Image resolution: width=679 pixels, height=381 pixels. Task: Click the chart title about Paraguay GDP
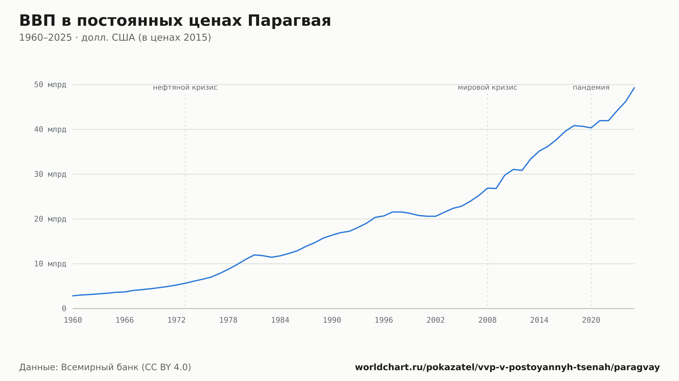tap(175, 21)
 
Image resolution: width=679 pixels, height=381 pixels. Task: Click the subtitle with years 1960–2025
tap(115, 38)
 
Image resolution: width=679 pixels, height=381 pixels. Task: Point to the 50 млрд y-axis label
tap(50, 84)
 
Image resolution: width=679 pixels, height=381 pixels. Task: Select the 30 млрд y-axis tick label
tap(50, 174)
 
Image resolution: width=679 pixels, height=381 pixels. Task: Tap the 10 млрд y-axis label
tap(50, 264)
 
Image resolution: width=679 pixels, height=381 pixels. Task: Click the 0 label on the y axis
tap(64, 308)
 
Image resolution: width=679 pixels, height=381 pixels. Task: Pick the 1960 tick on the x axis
tap(73, 320)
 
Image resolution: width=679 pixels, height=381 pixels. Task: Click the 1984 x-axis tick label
tap(280, 320)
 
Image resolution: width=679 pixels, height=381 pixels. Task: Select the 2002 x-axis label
tap(436, 320)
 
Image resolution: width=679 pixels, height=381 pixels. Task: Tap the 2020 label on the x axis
tap(591, 320)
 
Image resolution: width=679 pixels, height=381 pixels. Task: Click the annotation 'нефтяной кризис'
tap(185, 87)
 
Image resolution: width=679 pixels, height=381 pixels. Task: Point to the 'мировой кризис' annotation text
tap(488, 87)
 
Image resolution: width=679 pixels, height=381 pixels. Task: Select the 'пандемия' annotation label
tap(591, 87)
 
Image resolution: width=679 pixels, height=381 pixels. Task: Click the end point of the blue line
tap(634, 87)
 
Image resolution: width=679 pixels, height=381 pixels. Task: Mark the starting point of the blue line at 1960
tap(73, 296)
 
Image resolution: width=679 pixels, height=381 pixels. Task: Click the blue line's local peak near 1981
tap(254, 255)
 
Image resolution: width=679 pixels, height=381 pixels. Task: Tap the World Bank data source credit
tap(105, 367)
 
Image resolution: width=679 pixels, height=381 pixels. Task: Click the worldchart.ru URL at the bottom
tap(507, 367)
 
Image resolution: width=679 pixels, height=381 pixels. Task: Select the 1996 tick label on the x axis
tap(384, 320)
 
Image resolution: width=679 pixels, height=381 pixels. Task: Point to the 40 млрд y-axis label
tap(50, 129)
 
